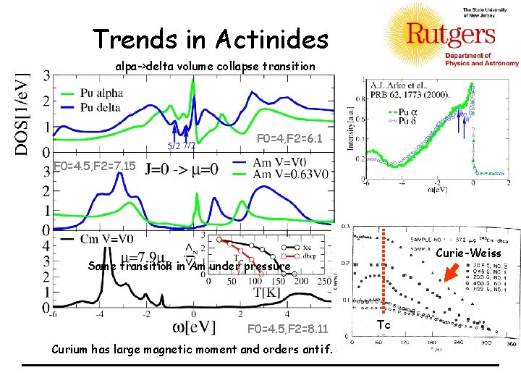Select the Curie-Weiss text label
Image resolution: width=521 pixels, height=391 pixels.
point(468,253)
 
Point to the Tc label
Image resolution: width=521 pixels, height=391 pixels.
point(384,325)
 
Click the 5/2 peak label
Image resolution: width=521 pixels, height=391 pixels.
point(174,146)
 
